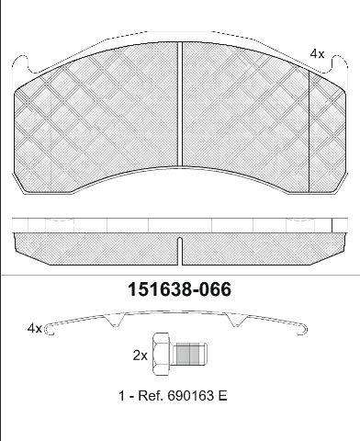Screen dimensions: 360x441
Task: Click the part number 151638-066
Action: pos(179,289)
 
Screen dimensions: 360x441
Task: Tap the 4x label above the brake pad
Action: pos(317,54)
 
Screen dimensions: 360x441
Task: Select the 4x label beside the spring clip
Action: pos(34,329)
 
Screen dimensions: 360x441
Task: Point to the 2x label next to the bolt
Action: pos(141,356)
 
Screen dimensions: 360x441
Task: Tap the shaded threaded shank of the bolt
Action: pos(190,354)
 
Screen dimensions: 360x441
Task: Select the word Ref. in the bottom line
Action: pos(150,396)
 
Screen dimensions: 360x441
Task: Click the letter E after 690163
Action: pos(222,396)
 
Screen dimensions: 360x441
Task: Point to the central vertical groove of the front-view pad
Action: pos(180,104)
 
